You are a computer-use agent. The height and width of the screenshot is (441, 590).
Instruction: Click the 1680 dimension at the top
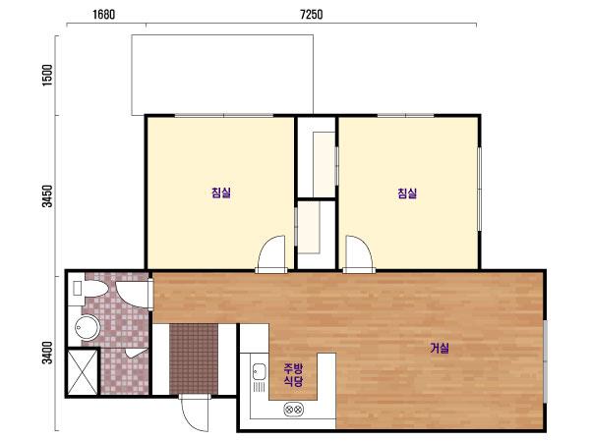tap(103, 15)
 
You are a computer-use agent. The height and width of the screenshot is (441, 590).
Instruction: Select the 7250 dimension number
tap(311, 15)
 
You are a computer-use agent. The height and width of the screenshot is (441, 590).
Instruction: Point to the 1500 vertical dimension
tap(47, 76)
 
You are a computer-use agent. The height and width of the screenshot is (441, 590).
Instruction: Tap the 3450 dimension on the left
tap(47, 195)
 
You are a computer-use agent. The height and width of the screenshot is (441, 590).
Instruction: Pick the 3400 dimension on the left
tap(47, 353)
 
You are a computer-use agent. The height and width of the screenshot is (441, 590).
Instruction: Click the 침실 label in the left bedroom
tap(221, 193)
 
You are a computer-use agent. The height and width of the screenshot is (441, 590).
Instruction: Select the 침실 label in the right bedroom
tap(407, 193)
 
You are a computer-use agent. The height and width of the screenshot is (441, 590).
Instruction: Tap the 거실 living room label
tap(440, 348)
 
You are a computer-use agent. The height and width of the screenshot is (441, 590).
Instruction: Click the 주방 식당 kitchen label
tap(293, 375)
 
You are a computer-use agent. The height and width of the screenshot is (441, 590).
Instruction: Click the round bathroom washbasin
tap(88, 328)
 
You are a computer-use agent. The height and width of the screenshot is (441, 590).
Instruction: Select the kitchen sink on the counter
tap(259, 372)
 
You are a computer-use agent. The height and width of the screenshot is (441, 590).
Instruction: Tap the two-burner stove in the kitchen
tap(293, 409)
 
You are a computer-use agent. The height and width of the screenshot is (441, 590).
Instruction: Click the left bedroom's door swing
tap(271, 252)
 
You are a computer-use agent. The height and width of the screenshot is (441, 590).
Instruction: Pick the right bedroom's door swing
tap(359, 252)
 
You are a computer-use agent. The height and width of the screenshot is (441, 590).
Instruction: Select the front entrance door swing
tap(194, 413)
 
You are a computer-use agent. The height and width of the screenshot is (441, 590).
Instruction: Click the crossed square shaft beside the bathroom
tap(83, 372)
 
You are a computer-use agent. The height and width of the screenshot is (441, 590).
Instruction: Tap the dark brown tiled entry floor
tap(194, 359)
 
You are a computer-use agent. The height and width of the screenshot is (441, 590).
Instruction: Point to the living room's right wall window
tap(545, 361)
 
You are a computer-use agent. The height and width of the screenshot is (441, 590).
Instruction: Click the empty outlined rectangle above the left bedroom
tap(222, 75)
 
